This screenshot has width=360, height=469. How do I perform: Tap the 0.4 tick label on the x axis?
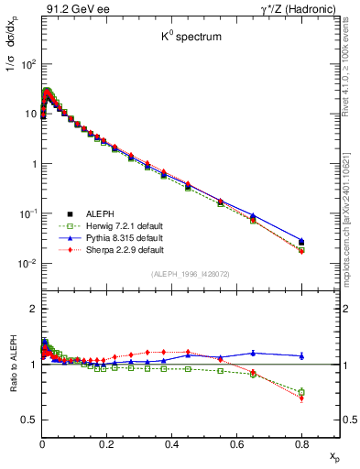click(171, 444)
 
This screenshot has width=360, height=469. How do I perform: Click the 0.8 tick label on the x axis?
click(301, 444)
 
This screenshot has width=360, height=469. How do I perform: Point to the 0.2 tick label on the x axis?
click(106, 444)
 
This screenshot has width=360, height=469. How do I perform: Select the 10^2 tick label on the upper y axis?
click(27, 65)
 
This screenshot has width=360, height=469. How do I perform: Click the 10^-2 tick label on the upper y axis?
click(27, 264)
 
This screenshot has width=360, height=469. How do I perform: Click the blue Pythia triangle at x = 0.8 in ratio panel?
click(301, 355)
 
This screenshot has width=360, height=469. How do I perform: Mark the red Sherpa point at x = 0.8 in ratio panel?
click(301, 398)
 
